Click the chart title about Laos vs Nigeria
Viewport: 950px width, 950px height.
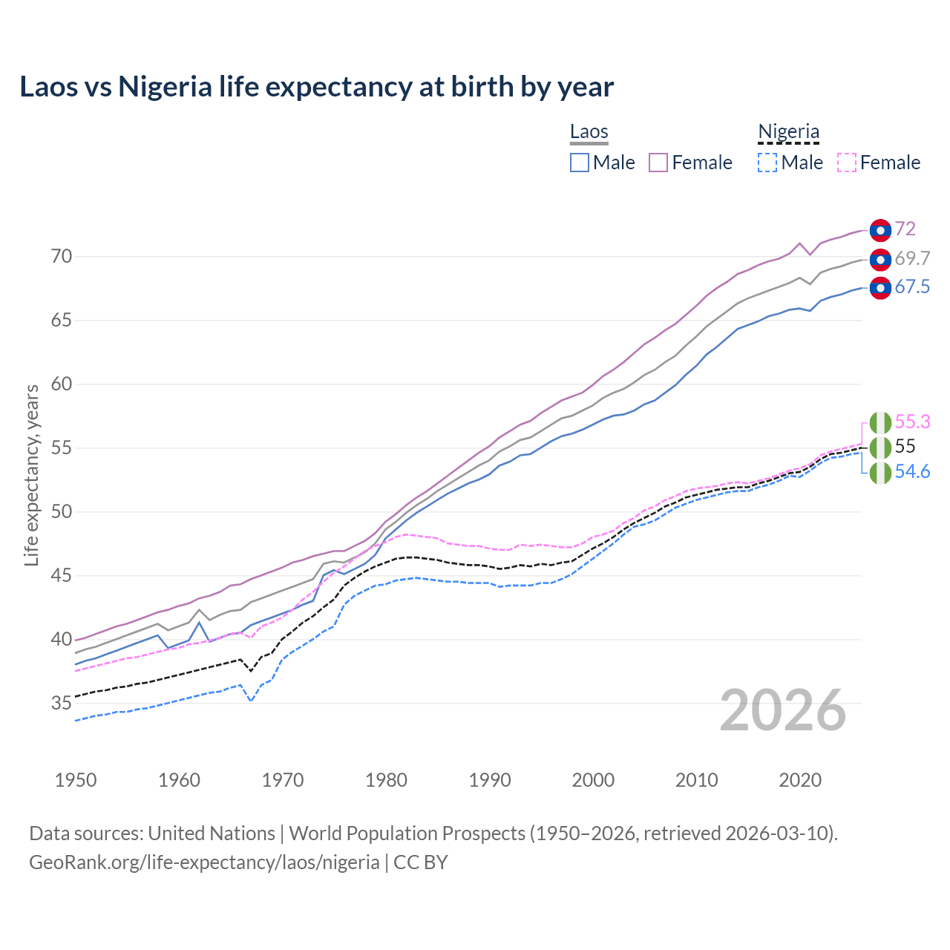pos(317,87)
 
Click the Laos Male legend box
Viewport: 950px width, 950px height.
pos(580,163)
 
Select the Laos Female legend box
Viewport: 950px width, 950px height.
pos(658,163)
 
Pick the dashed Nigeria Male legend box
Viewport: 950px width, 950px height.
pos(767,163)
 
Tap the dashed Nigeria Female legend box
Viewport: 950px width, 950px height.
pos(846,163)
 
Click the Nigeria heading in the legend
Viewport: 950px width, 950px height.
pos(788,132)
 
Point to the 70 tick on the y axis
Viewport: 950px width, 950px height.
pos(62,257)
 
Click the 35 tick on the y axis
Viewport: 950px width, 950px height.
pos(62,703)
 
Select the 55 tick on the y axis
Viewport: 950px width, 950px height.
pos(62,448)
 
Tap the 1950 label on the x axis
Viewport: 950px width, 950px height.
pos(76,780)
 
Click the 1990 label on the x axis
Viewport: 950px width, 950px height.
pos(490,780)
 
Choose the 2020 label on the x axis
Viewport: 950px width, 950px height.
pos(800,780)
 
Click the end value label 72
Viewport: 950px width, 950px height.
pos(905,229)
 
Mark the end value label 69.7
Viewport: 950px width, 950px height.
pos(912,258)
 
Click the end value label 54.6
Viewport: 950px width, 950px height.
pos(912,472)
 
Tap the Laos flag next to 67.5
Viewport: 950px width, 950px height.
pos(880,288)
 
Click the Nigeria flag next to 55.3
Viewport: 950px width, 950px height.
pos(880,422)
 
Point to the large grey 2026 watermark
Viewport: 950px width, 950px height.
pos(783,710)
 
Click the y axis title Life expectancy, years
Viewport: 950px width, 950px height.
pos(31,475)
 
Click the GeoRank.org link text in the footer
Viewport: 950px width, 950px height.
pos(204,862)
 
